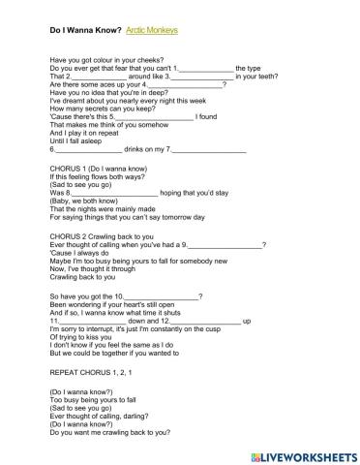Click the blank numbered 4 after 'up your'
pyautogui.click(x=193, y=85)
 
